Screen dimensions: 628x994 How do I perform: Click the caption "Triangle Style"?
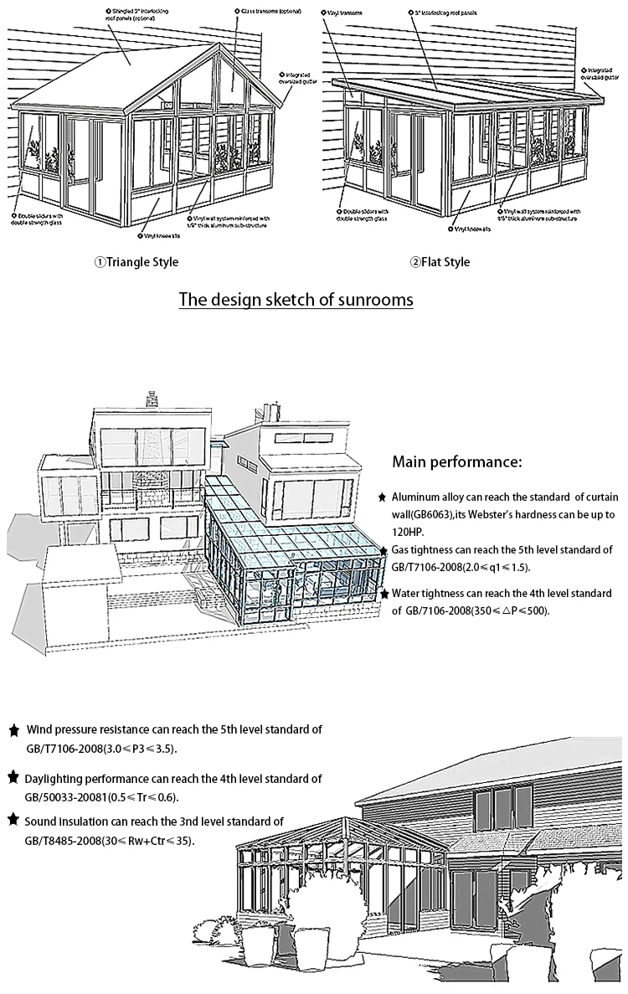tap(142, 262)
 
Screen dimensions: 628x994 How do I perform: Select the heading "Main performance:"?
tap(457, 461)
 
